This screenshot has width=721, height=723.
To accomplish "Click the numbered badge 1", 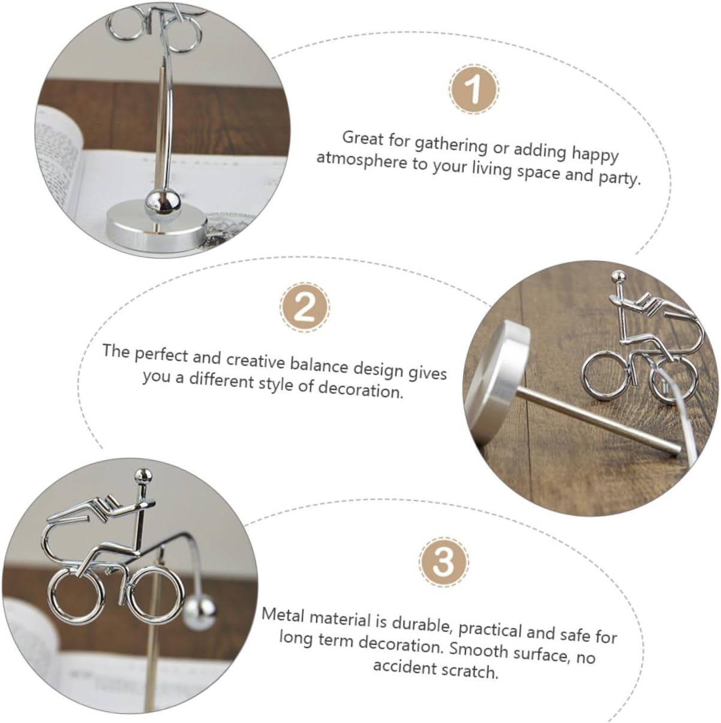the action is [474, 89].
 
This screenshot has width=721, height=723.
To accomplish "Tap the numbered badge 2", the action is [304, 308].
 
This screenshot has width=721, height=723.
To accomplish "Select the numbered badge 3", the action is [444, 562].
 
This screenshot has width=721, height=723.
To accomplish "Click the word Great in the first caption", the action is [363, 138].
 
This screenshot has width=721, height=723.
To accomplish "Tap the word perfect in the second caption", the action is [161, 355].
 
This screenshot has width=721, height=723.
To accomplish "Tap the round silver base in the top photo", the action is [157, 226].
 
